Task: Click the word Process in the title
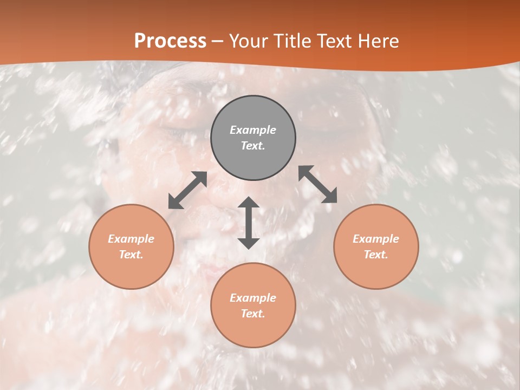170,41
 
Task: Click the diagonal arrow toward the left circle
187,190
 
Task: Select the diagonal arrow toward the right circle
318,184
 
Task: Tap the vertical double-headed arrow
249,223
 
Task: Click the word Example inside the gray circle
253,130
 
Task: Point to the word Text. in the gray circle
253,146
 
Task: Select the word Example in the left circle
131,239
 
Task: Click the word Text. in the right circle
376,255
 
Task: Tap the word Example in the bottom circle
253,298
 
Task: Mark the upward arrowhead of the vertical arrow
249,203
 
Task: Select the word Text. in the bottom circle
253,314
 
